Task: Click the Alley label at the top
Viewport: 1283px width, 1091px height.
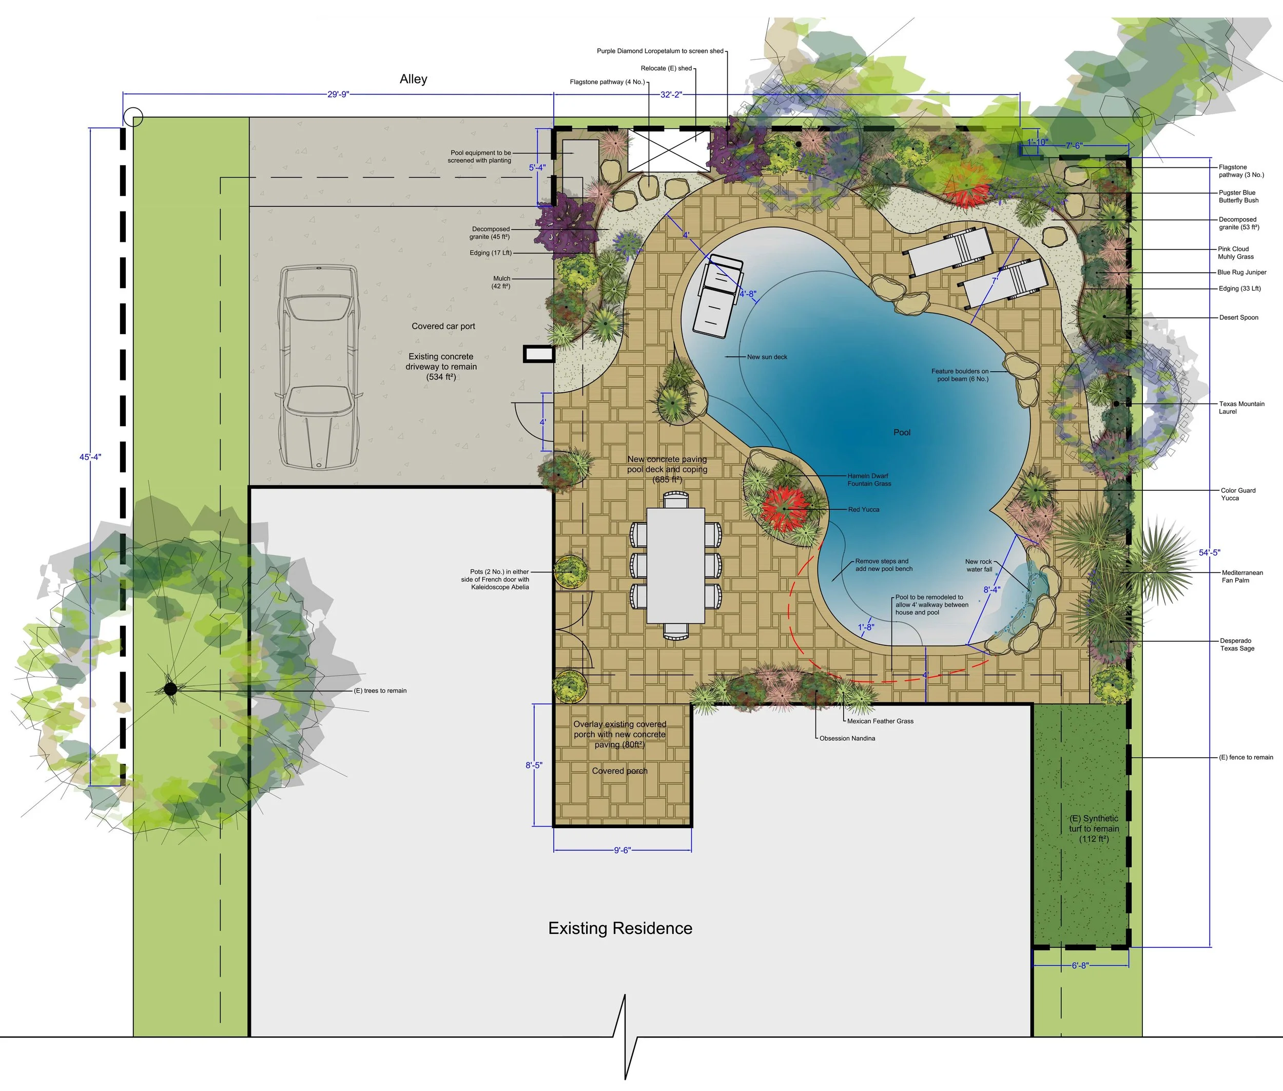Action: tap(413, 79)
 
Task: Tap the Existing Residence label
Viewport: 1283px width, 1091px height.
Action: tap(620, 928)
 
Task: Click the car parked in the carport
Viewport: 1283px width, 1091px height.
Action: tap(318, 367)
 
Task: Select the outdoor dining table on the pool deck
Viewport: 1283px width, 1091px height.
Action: tap(675, 565)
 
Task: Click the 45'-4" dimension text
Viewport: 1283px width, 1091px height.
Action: tap(90, 457)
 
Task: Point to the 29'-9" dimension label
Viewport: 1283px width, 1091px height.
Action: tap(338, 94)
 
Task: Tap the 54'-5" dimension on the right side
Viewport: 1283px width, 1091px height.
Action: tap(1210, 552)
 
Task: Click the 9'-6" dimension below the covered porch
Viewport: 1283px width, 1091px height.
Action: tap(622, 850)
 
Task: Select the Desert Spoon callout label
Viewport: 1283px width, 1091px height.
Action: tap(1238, 317)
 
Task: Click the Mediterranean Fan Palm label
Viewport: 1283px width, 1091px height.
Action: tap(1242, 577)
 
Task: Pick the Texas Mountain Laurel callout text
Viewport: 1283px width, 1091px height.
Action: tap(1241, 408)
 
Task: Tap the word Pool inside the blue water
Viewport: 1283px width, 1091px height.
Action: tap(902, 432)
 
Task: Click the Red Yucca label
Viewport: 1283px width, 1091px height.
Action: tap(863, 510)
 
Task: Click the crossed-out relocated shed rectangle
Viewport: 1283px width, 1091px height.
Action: tap(668, 150)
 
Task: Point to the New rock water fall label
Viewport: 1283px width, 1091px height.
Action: tap(979, 565)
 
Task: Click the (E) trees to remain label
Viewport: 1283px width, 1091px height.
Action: tap(380, 691)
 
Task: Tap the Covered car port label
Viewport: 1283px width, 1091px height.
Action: tap(443, 326)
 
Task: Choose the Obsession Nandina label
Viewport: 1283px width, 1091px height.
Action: tap(847, 738)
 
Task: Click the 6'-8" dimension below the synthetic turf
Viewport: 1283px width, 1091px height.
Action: tap(1080, 965)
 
